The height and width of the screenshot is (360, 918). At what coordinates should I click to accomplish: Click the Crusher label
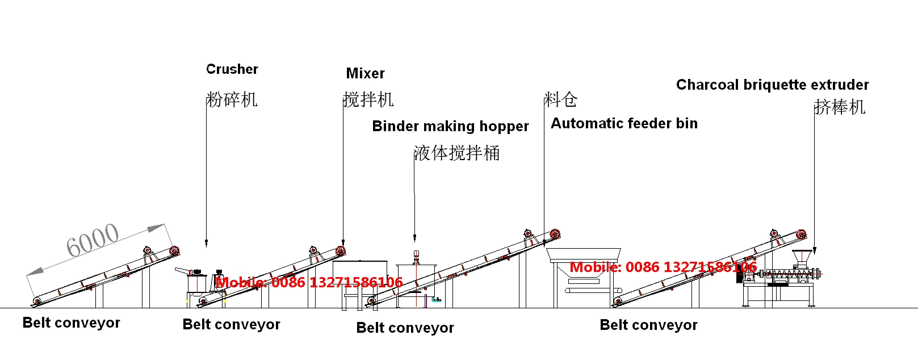click(x=232, y=69)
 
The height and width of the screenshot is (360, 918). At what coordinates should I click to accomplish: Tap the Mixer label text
click(x=365, y=73)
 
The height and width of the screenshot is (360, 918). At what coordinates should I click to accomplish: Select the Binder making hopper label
click(x=450, y=126)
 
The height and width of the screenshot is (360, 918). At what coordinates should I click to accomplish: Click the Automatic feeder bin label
click(x=624, y=123)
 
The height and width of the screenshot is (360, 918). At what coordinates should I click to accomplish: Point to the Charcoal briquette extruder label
click(x=772, y=85)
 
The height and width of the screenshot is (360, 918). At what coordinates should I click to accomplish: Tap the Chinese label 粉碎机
click(x=232, y=100)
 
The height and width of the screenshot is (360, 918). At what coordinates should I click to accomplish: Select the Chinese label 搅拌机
click(x=368, y=100)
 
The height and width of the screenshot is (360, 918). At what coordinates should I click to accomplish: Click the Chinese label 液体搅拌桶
click(x=457, y=153)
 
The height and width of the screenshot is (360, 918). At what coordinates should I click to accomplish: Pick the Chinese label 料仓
click(x=561, y=100)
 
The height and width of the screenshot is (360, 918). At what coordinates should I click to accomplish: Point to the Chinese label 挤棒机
click(x=840, y=107)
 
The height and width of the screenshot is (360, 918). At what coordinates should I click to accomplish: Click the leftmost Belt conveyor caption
click(x=71, y=323)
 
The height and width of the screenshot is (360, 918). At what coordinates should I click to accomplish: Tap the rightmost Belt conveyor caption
click(x=648, y=325)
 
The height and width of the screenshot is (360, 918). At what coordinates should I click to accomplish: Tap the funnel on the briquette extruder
click(x=800, y=257)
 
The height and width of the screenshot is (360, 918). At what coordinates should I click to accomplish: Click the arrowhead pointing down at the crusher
click(x=206, y=243)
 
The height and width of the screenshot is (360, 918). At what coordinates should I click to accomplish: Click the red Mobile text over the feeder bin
click(x=663, y=267)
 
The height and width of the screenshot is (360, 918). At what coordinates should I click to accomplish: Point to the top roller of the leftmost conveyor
click(x=174, y=251)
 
